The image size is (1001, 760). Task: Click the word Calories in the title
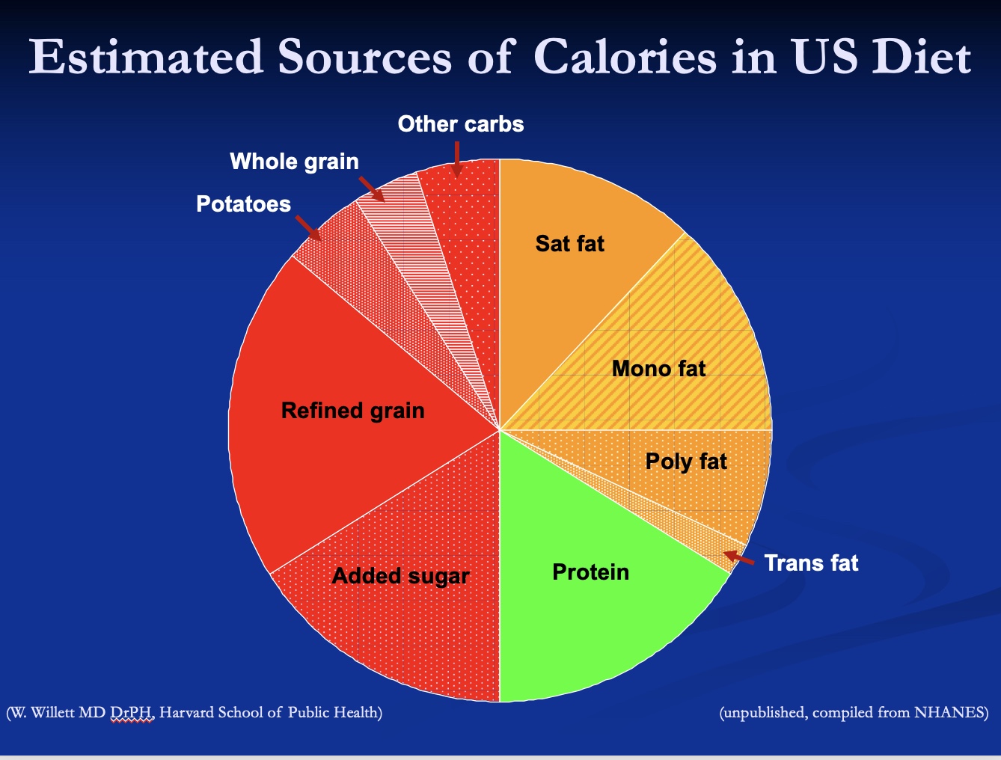coord(625,57)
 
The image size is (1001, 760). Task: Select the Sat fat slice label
coord(569,244)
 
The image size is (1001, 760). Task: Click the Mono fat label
coord(658,369)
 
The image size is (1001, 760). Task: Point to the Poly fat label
coord(685,462)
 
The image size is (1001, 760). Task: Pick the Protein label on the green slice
coord(590,572)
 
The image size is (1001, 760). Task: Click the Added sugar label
coord(400,576)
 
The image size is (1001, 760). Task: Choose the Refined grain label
coord(352,411)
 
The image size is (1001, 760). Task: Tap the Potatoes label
coord(243,204)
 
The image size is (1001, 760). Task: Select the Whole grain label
coord(294,162)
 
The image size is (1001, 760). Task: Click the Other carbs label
coord(460,124)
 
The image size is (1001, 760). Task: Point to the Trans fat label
coord(811,563)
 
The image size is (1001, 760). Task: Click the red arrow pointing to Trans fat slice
coord(739,558)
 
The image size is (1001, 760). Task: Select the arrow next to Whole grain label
coord(371,189)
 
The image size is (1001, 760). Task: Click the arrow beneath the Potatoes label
coord(308,228)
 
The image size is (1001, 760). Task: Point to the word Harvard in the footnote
coord(186,713)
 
